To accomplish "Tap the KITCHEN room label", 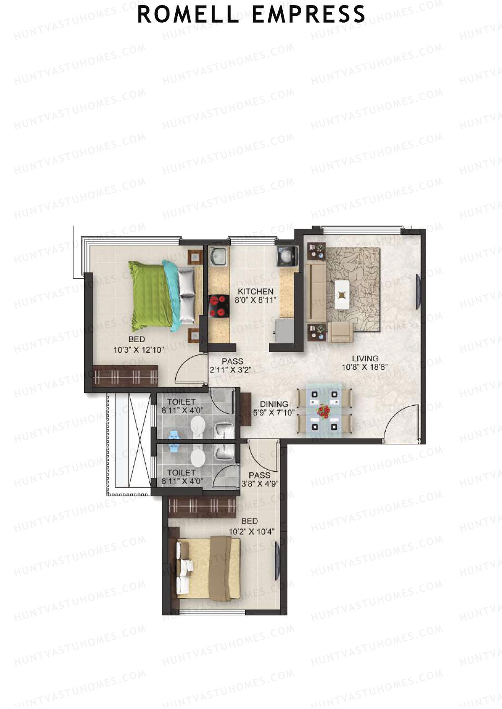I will tap(255, 291).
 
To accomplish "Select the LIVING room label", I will tap(365, 358).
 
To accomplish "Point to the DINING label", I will tap(274, 404).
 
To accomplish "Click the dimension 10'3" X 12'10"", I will tap(138, 350).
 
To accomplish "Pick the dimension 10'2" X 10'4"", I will tap(251, 531).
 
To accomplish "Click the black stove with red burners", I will tap(219, 306).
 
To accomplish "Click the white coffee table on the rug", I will tap(342, 294).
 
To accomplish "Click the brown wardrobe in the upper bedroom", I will tap(125, 375).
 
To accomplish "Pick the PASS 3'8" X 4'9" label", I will tap(259, 480).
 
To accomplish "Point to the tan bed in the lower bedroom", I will tap(209, 567).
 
